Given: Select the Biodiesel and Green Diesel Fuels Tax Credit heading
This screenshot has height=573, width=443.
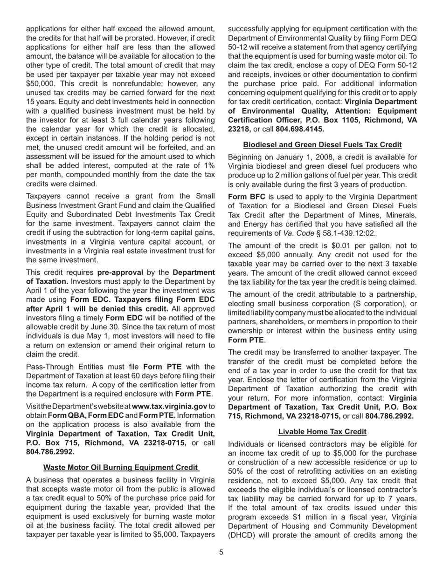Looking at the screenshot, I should pyautogui.click(x=322, y=144).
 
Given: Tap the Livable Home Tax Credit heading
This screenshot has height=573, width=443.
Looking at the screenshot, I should pyautogui.click(x=322, y=432).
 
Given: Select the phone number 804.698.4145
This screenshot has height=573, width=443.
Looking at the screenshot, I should pyautogui.click(x=300, y=129).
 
